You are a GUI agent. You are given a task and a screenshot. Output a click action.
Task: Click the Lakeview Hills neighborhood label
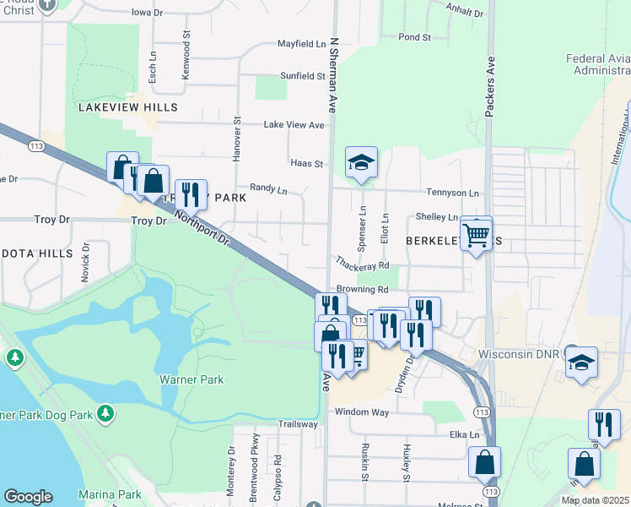128,107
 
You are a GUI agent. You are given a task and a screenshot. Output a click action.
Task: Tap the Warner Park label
191,379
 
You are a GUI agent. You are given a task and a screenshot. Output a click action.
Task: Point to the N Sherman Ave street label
334,76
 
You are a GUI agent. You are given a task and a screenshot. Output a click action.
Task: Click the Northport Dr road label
202,228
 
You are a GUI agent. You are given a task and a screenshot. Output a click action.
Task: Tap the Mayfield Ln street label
301,44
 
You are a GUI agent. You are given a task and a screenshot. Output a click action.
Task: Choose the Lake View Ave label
294,125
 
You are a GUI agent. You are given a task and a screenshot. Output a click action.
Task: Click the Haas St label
307,163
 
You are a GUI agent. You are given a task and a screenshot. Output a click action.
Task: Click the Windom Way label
362,412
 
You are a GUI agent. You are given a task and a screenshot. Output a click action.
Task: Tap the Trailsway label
297,424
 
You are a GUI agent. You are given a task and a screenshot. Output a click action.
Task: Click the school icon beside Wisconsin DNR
581,362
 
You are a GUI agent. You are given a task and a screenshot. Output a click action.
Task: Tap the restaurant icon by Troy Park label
191,194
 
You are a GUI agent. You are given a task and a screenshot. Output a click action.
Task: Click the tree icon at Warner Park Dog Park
105,413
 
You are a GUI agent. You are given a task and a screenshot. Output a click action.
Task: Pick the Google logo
28,497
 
